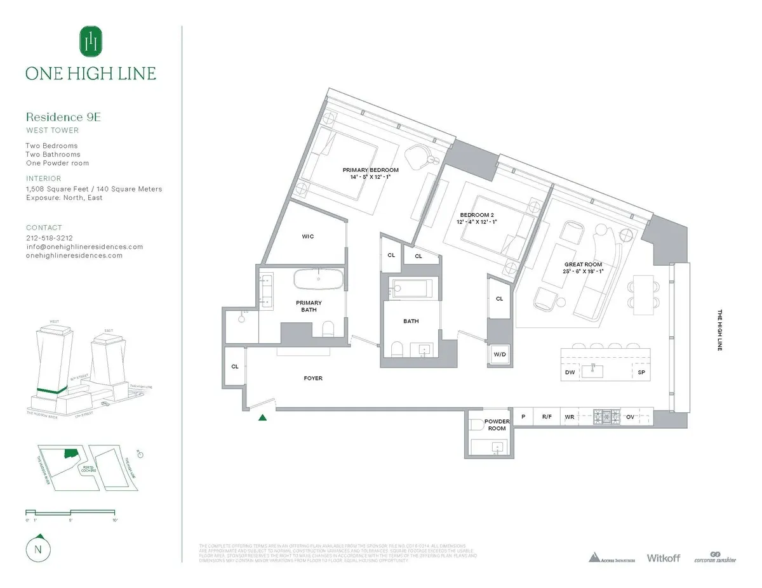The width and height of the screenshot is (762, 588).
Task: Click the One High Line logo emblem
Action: point(91,41)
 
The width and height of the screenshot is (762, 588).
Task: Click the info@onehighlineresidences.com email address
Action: point(84,247)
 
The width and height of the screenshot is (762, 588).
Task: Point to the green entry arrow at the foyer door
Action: point(262,417)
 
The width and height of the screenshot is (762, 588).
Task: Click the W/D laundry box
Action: point(499,355)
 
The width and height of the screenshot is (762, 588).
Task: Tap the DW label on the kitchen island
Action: point(570,372)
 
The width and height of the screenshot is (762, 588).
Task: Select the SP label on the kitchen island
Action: point(641,372)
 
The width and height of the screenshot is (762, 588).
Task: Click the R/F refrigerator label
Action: point(546,417)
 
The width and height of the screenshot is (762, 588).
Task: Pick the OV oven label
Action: point(630,417)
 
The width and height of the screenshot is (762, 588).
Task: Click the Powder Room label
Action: point(497,425)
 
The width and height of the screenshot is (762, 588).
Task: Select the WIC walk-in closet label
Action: point(307,237)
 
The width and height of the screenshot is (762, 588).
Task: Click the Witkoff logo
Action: point(663,558)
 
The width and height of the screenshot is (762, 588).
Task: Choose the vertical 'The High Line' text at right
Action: point(719,330)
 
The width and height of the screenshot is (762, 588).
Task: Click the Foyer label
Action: point(313,378)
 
